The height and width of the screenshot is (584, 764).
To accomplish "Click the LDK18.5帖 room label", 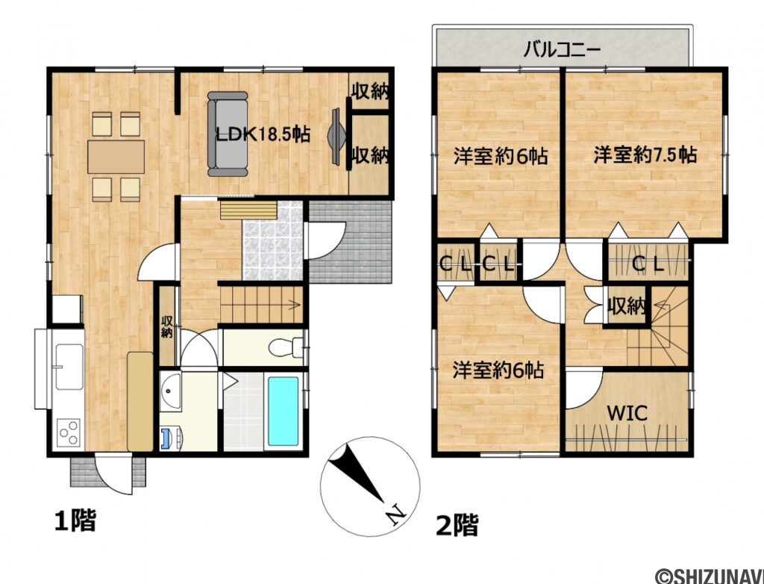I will click(x=263, y=135).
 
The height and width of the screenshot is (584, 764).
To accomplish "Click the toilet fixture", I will click(x=284, y=347).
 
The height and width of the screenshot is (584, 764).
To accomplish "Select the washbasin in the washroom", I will click(x=171, y=391).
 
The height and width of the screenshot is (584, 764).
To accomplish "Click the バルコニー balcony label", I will click(x=563, y=51).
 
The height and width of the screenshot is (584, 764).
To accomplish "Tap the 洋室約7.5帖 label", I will click(x=645, y=155).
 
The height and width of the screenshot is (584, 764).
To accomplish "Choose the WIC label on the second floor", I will click(x=626, y=412).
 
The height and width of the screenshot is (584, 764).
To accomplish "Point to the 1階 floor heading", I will click(x=75, y=520).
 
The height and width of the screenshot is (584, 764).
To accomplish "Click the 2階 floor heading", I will click(x=456, y=525).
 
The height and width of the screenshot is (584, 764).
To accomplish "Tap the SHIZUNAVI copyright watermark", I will click(x=708, y=576).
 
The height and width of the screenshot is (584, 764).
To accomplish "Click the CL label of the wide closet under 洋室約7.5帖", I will click(x=648, y=263).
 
